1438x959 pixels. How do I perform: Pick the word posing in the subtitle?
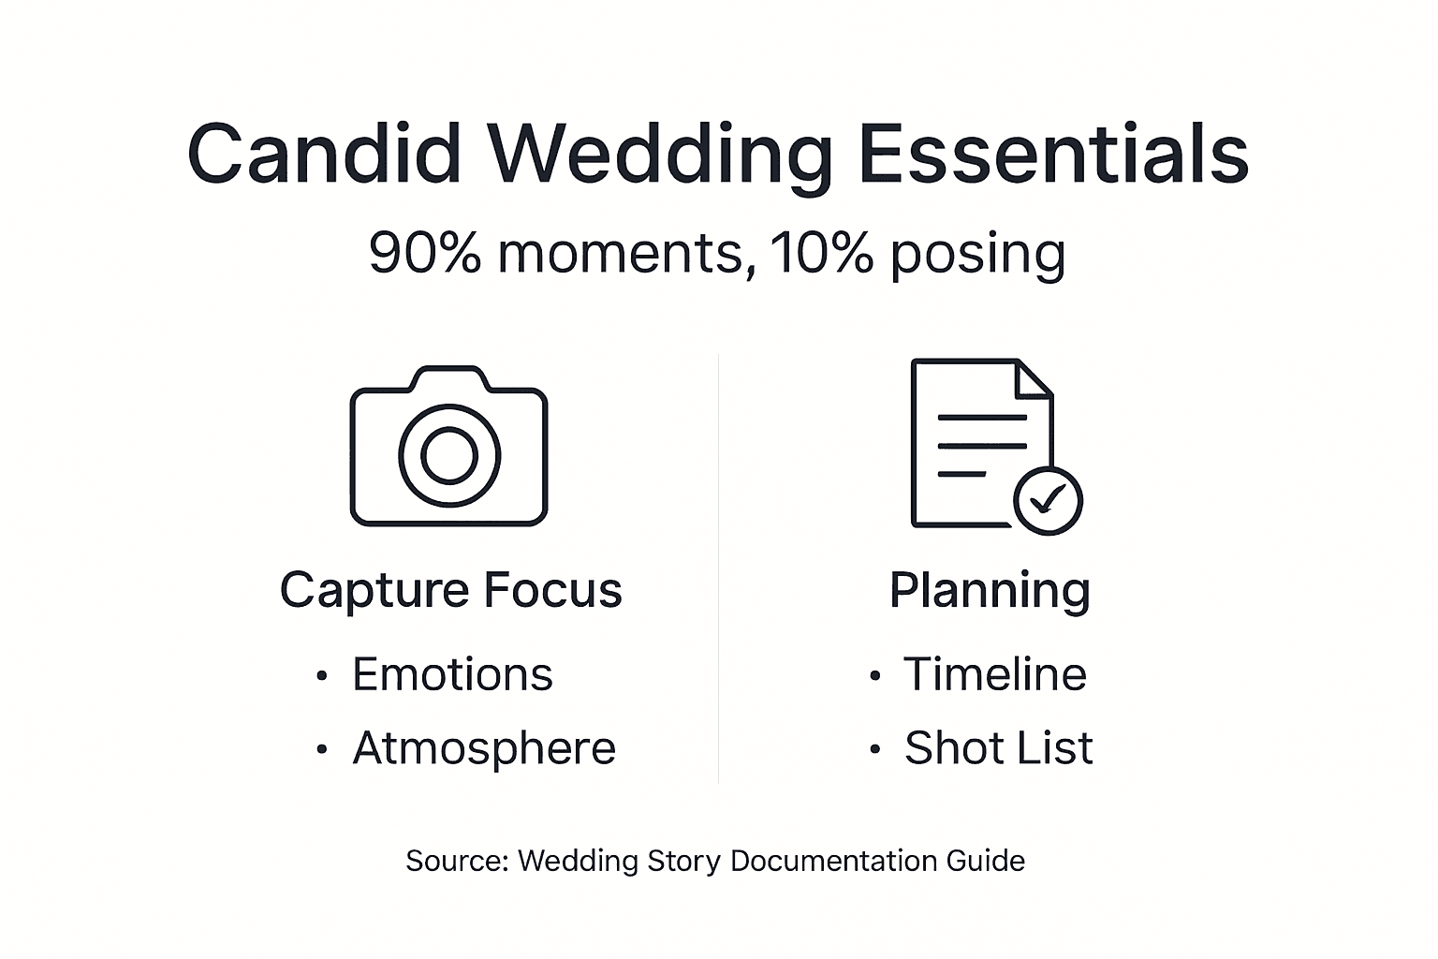point(977,255)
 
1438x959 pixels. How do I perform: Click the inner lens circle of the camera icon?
point(449,455)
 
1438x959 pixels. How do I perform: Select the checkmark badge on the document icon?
point(1049,500)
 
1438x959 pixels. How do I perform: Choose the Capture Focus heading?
point(450,590)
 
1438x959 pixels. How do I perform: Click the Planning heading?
point(990,590)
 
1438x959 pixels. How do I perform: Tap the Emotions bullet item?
point(452,674)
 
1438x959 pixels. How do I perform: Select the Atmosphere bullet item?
point(483,748)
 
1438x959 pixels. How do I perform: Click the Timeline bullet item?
point(994,674)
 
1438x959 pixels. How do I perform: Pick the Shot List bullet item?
point(998,748)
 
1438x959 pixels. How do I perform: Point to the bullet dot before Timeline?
point(874,676)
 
